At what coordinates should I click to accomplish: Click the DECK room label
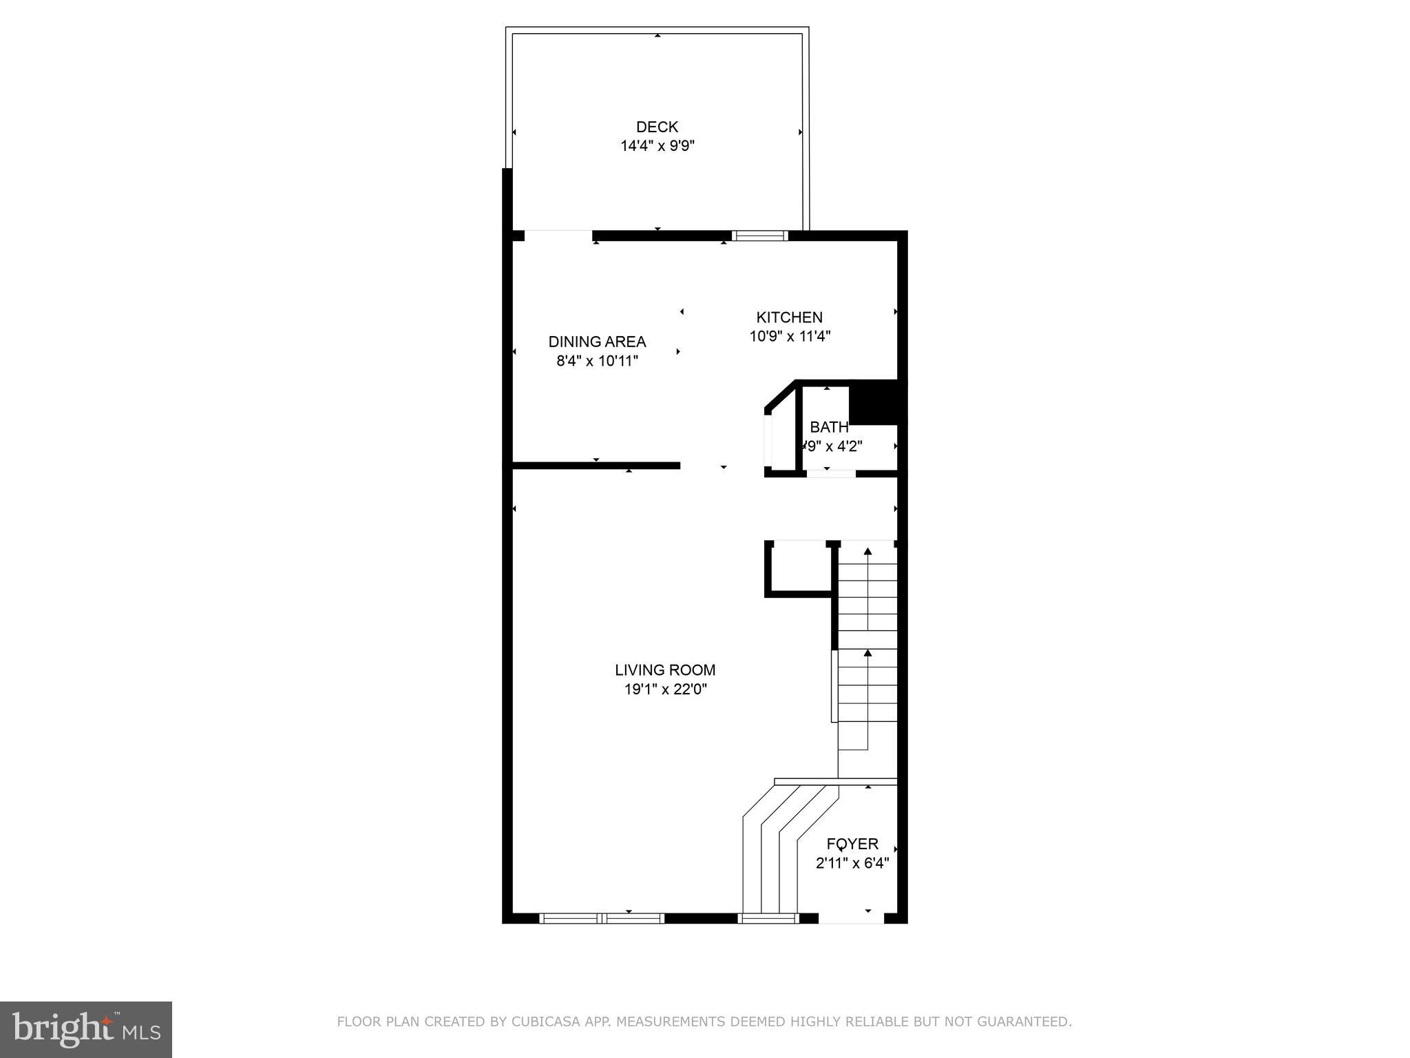[657, 127]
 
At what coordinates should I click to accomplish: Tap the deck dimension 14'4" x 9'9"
[657, 146]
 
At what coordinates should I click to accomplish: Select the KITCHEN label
[789, 318]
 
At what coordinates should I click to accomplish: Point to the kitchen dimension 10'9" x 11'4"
[790, 337]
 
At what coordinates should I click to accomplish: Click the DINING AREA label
[597, 342]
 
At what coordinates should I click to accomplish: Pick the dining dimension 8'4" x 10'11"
[597, 361]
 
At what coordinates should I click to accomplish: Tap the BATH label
[828, 427]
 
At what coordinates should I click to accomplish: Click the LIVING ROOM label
[665, 670]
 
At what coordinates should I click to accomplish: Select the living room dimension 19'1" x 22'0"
[665, 689]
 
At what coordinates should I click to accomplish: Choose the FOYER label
[852, 844]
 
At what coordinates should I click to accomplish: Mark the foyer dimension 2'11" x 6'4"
[852, 863]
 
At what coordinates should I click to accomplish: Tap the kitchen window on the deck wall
[759, 236]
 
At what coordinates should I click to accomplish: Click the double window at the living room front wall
[601, 917]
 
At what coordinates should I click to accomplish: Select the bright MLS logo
[86, 1029]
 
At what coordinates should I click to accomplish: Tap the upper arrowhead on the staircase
[867, 551]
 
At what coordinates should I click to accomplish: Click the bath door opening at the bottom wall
[831, 473]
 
